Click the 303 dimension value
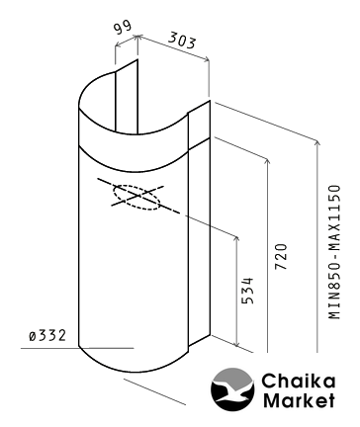[182, 41]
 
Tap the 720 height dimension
[281, 257]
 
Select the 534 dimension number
[247, 291]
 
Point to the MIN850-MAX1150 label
[334, 252]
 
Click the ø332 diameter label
[47, 336]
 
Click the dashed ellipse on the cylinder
[136, 198]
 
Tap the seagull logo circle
[232, 389]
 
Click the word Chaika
[299, 382]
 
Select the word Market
[299, 400]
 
